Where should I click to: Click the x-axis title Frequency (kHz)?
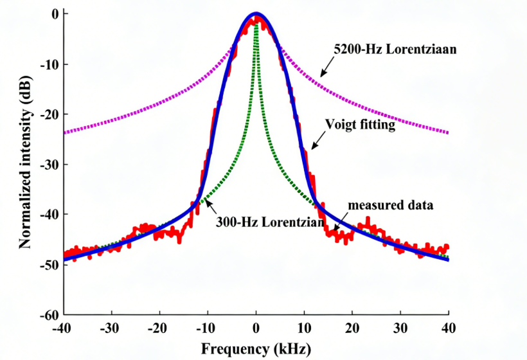point(256,349)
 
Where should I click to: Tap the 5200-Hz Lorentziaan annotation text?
point(395,49)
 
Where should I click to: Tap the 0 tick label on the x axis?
point(256,328)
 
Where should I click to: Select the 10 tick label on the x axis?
point(304,328)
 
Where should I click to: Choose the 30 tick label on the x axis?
point(400,328)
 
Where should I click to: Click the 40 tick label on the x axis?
point(449,328)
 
